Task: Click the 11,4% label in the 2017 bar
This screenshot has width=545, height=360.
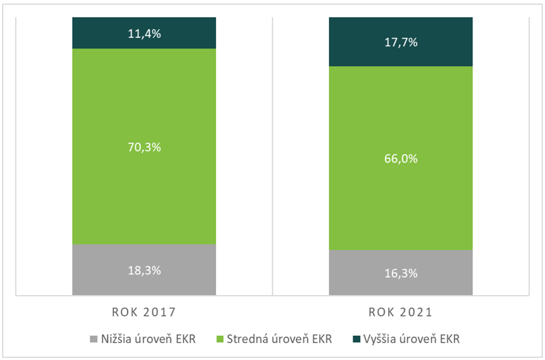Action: (x=143, y=32)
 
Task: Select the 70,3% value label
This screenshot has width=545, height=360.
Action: (x=143, y=148)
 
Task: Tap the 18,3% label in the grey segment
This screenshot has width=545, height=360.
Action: (x=143, y=270)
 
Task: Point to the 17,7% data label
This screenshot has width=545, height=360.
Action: (x=400, y=42)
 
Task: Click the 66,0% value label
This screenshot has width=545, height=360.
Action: (x=400, y=158)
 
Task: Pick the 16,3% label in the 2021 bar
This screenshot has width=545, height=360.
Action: (x=400, y=273)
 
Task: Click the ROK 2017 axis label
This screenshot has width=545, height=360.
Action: (x=143, y=312)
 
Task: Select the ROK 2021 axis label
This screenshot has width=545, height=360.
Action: (x=400, y=312)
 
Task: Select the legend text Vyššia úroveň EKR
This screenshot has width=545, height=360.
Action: (x=411, y=339)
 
